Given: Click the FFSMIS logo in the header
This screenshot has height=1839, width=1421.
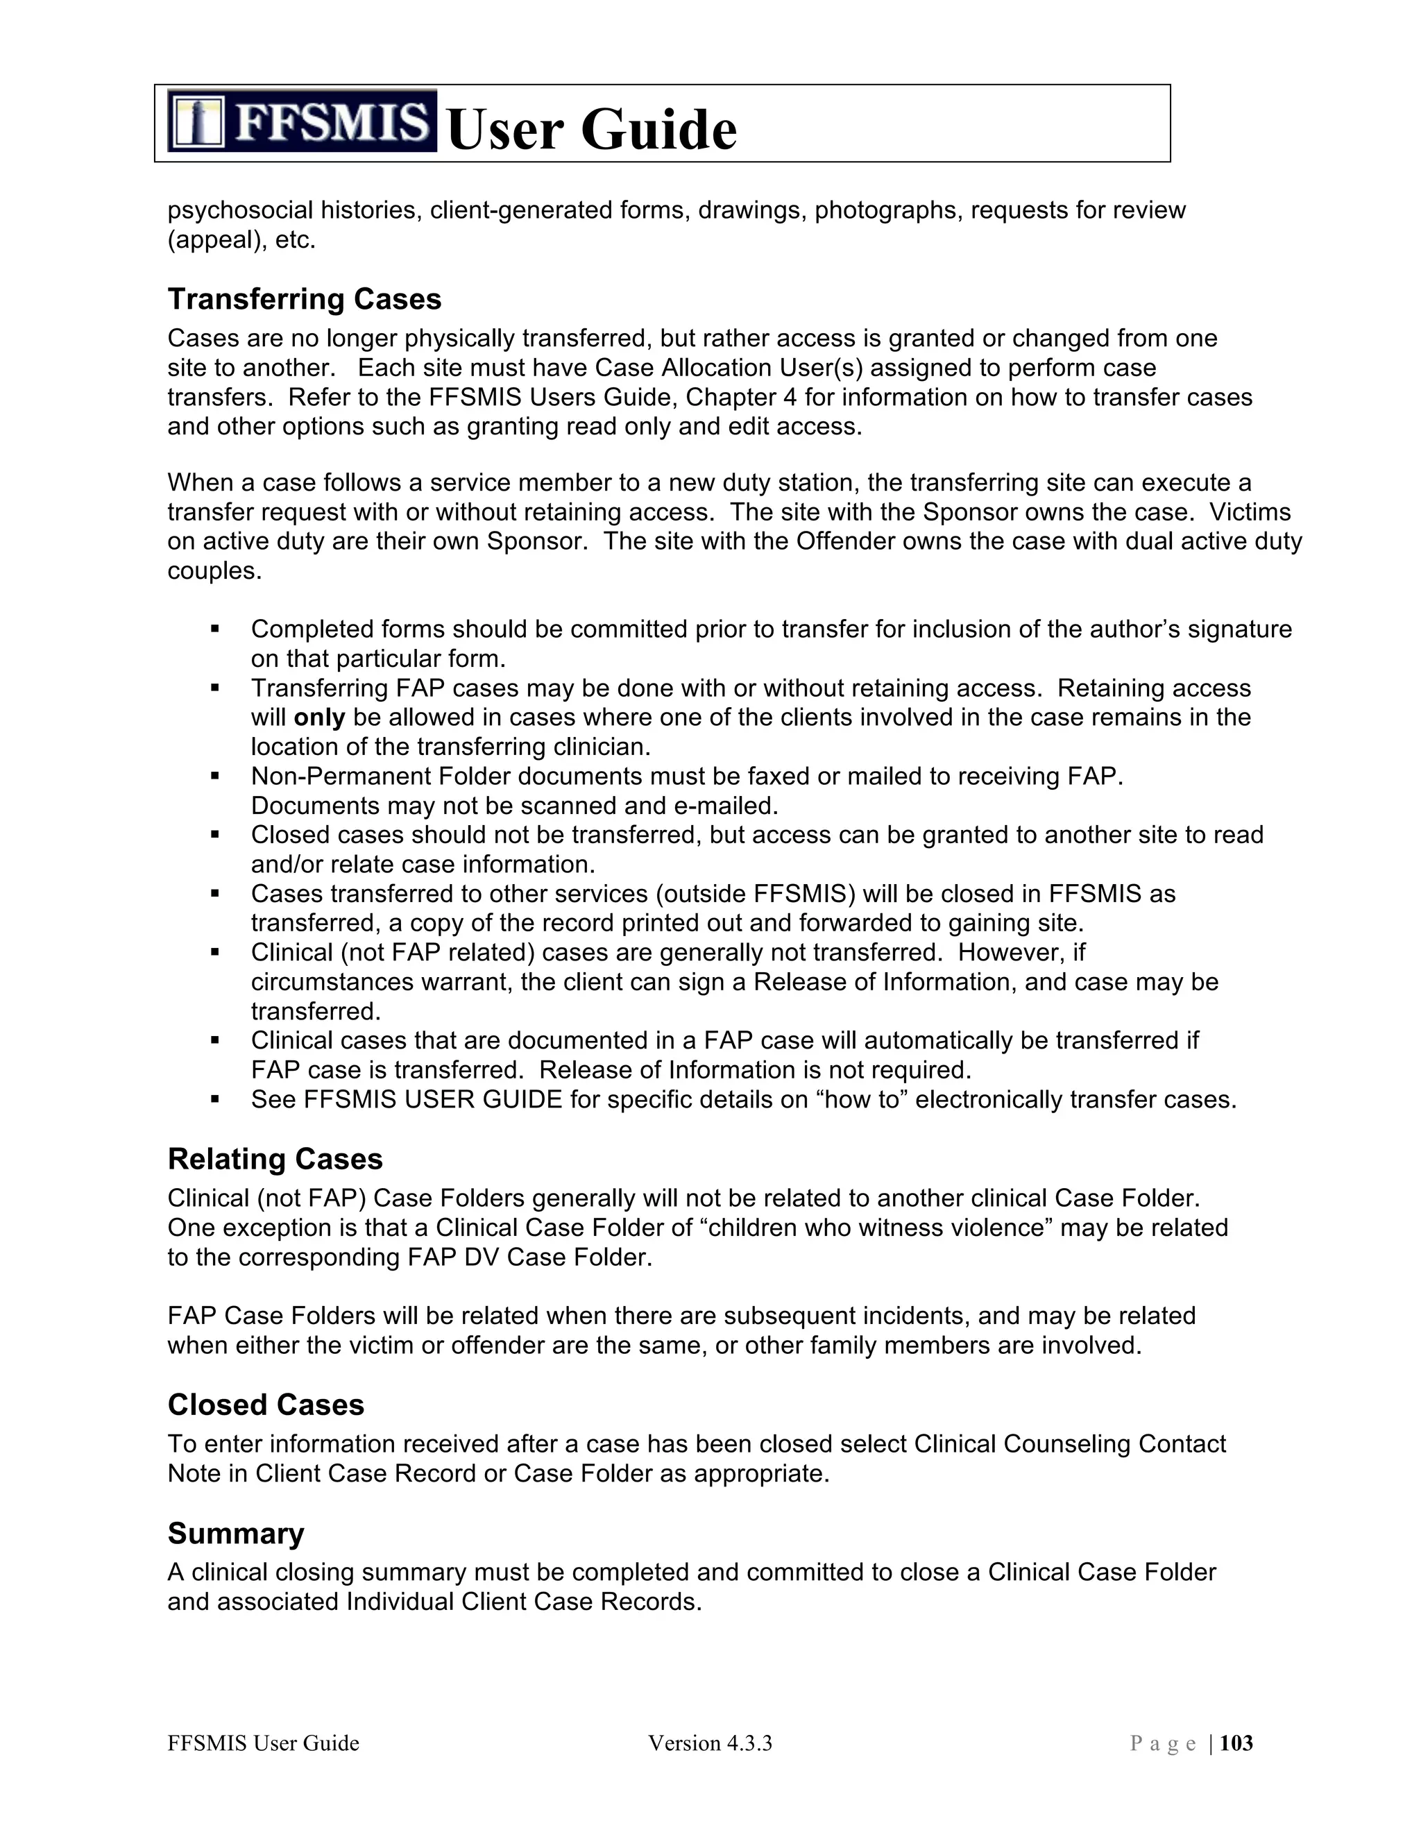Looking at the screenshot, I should [x=301, y=121].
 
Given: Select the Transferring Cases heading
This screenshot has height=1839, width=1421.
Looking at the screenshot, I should [x=304, y=300].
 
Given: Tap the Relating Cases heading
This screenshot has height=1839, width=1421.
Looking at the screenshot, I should [x=275, y=1160].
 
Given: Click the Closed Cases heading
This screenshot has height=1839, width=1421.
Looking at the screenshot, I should [x=265, y=1405].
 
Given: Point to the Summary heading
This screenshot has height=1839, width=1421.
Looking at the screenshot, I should [x=235, y=1534].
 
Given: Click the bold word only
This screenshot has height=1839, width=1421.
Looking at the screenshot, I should [x=319, y=718].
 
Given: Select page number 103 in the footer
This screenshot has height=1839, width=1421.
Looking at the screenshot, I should [x=1236, y=1743].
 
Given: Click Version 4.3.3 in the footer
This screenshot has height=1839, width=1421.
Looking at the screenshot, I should [x=710, y=1743].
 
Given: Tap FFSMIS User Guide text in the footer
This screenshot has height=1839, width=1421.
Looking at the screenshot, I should [x=263, y=1743].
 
